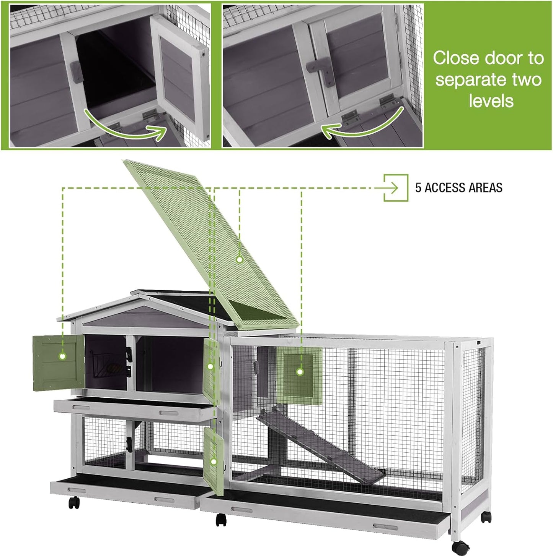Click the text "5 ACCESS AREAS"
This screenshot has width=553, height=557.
458,188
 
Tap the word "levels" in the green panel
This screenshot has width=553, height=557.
491,101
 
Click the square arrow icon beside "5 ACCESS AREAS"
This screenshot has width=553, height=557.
396,188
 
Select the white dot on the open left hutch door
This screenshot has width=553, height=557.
62,356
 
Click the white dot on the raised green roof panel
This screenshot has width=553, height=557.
240,259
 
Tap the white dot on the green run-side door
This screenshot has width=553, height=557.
300,371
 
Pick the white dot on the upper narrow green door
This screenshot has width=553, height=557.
210,366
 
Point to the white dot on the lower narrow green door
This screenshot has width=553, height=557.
214,462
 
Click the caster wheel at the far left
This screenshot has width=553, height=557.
74,503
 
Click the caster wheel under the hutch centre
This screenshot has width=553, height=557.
221,520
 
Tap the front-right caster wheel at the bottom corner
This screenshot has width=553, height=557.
460,547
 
